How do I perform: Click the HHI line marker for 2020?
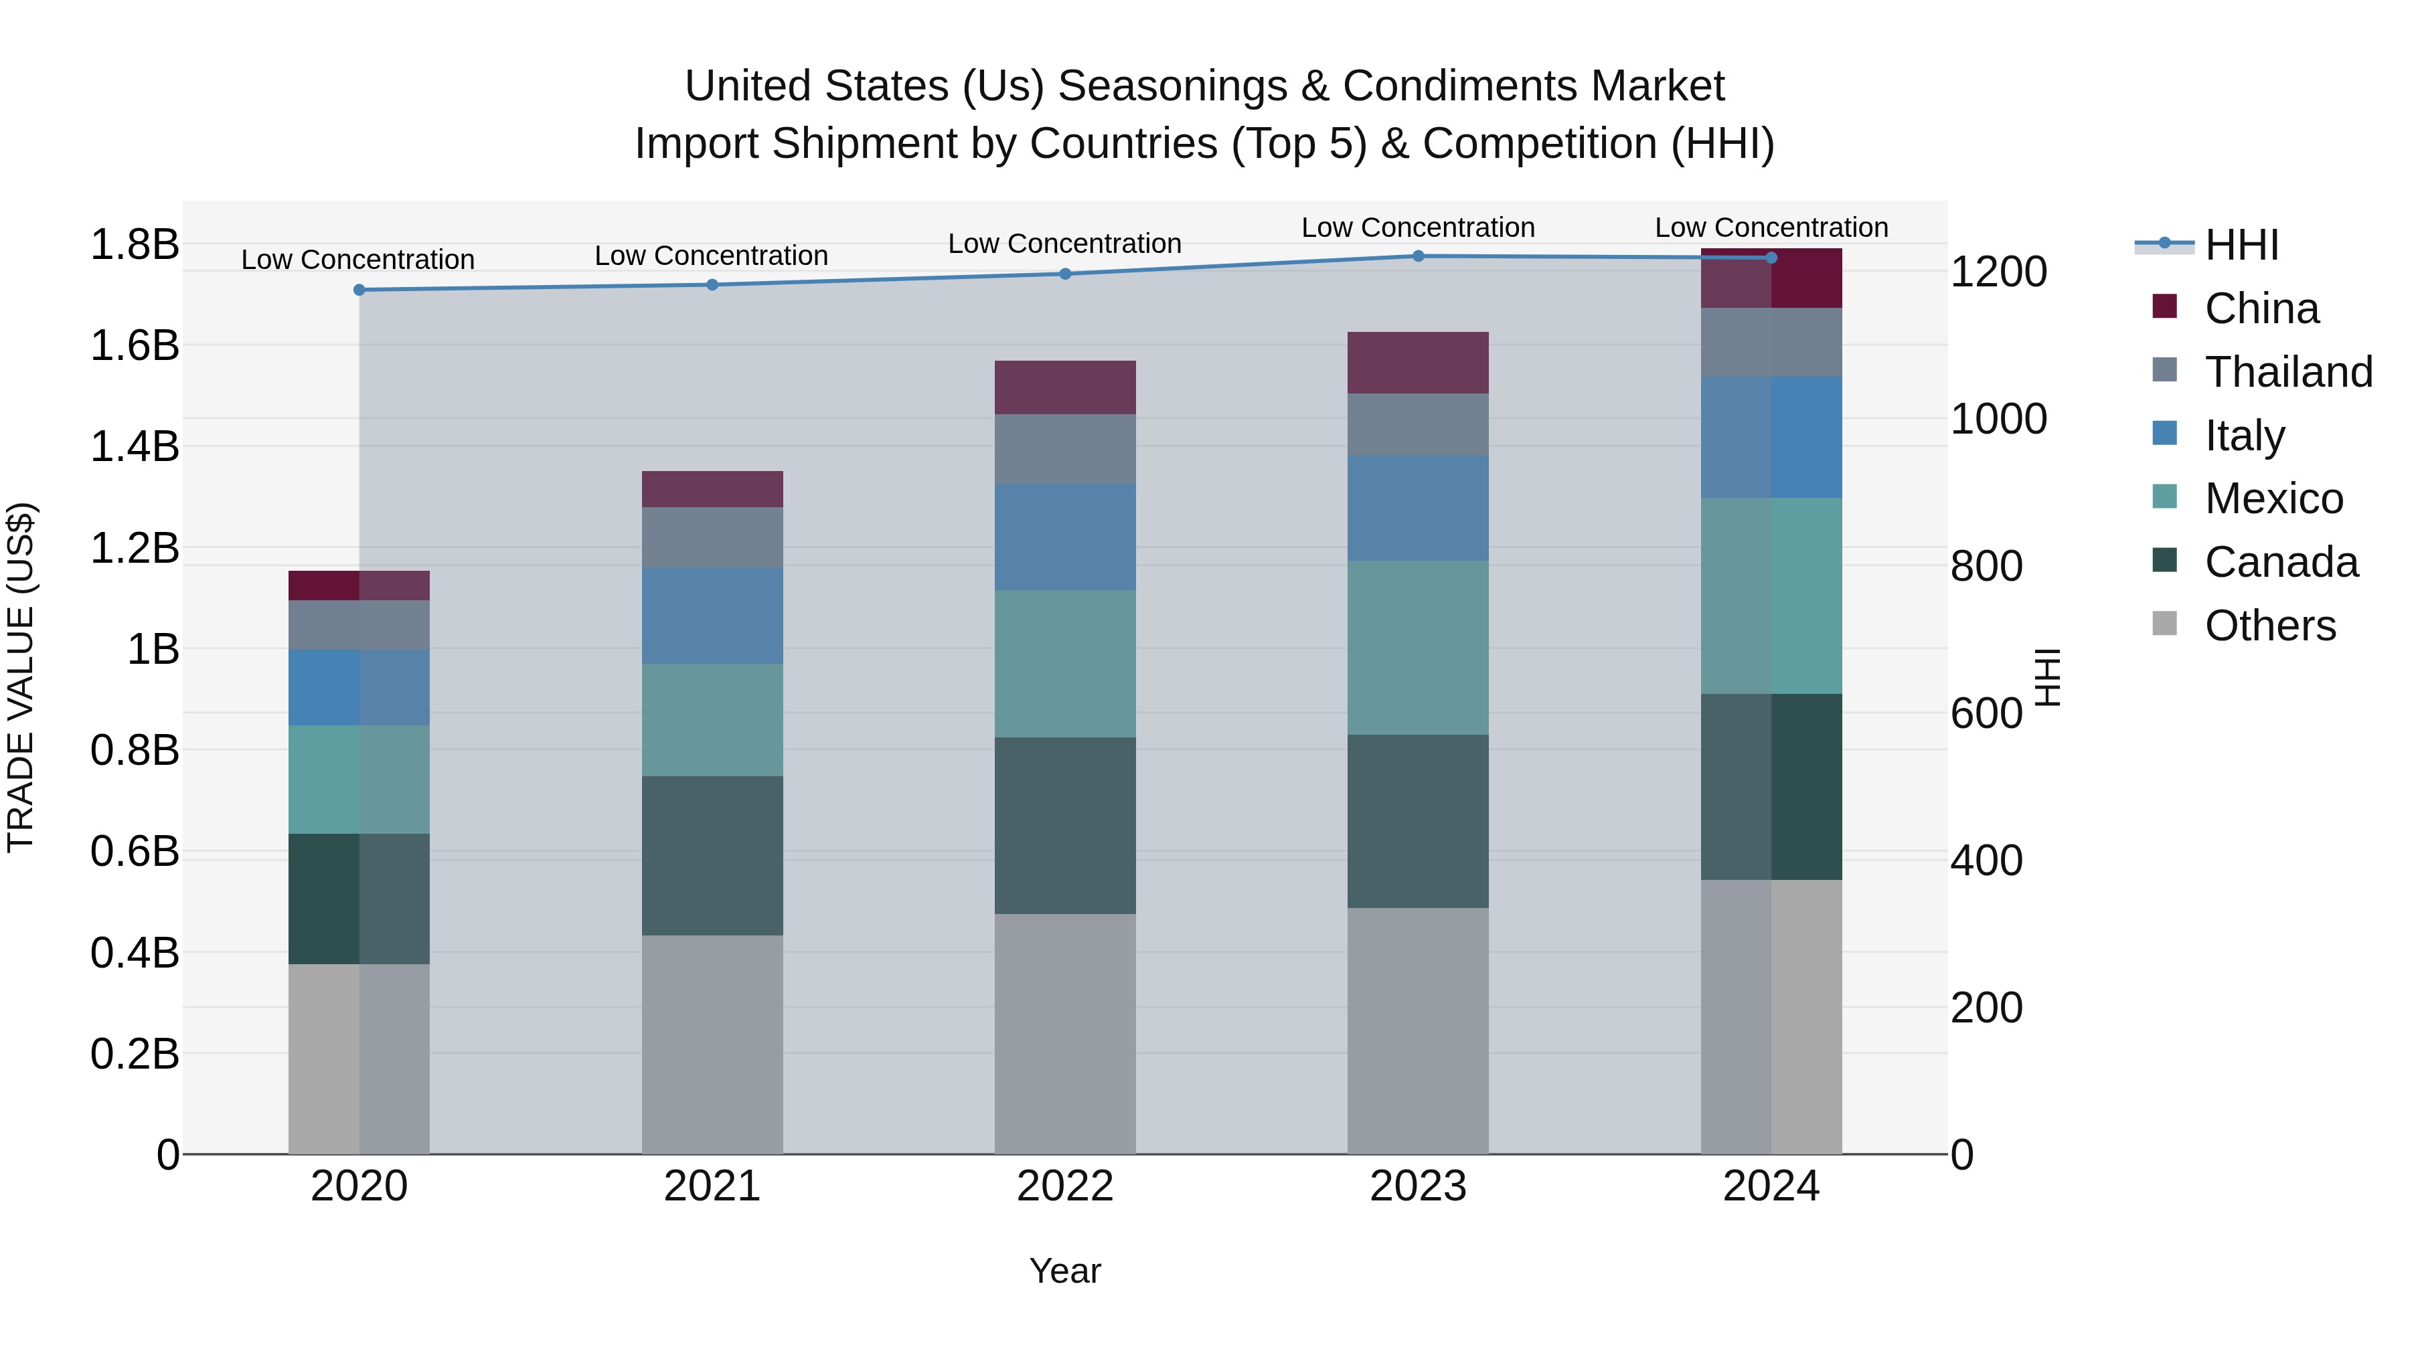click(x=359, y=290)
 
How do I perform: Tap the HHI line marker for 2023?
click(x=1419, y=256)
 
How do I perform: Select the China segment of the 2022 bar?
click(x=1064, y=387)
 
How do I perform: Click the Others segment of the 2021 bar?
click(x=712, y=1045)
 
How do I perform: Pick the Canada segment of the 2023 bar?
click(x=1419, y=821)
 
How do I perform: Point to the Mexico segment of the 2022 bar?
click(x=1064, y=664)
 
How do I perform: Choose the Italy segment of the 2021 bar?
click(x=712, y=616)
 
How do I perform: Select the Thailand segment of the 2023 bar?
click(x=1419, y=424)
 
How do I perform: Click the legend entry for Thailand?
click(x=2287, y=372)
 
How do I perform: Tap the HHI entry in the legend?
click(x=2241, y=245)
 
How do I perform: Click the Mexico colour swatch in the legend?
click(x=2165, y=496)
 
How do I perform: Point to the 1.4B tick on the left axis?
click(x=135, y=447)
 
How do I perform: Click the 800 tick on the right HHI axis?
click(x=1986, y=567)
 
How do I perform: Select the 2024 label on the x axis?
click(x=1771, y=1186)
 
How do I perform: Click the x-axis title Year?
click(x=1064, y=1271)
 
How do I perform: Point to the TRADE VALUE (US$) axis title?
click(x=21, y=677)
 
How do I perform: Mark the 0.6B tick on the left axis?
click(x=135, y=852)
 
